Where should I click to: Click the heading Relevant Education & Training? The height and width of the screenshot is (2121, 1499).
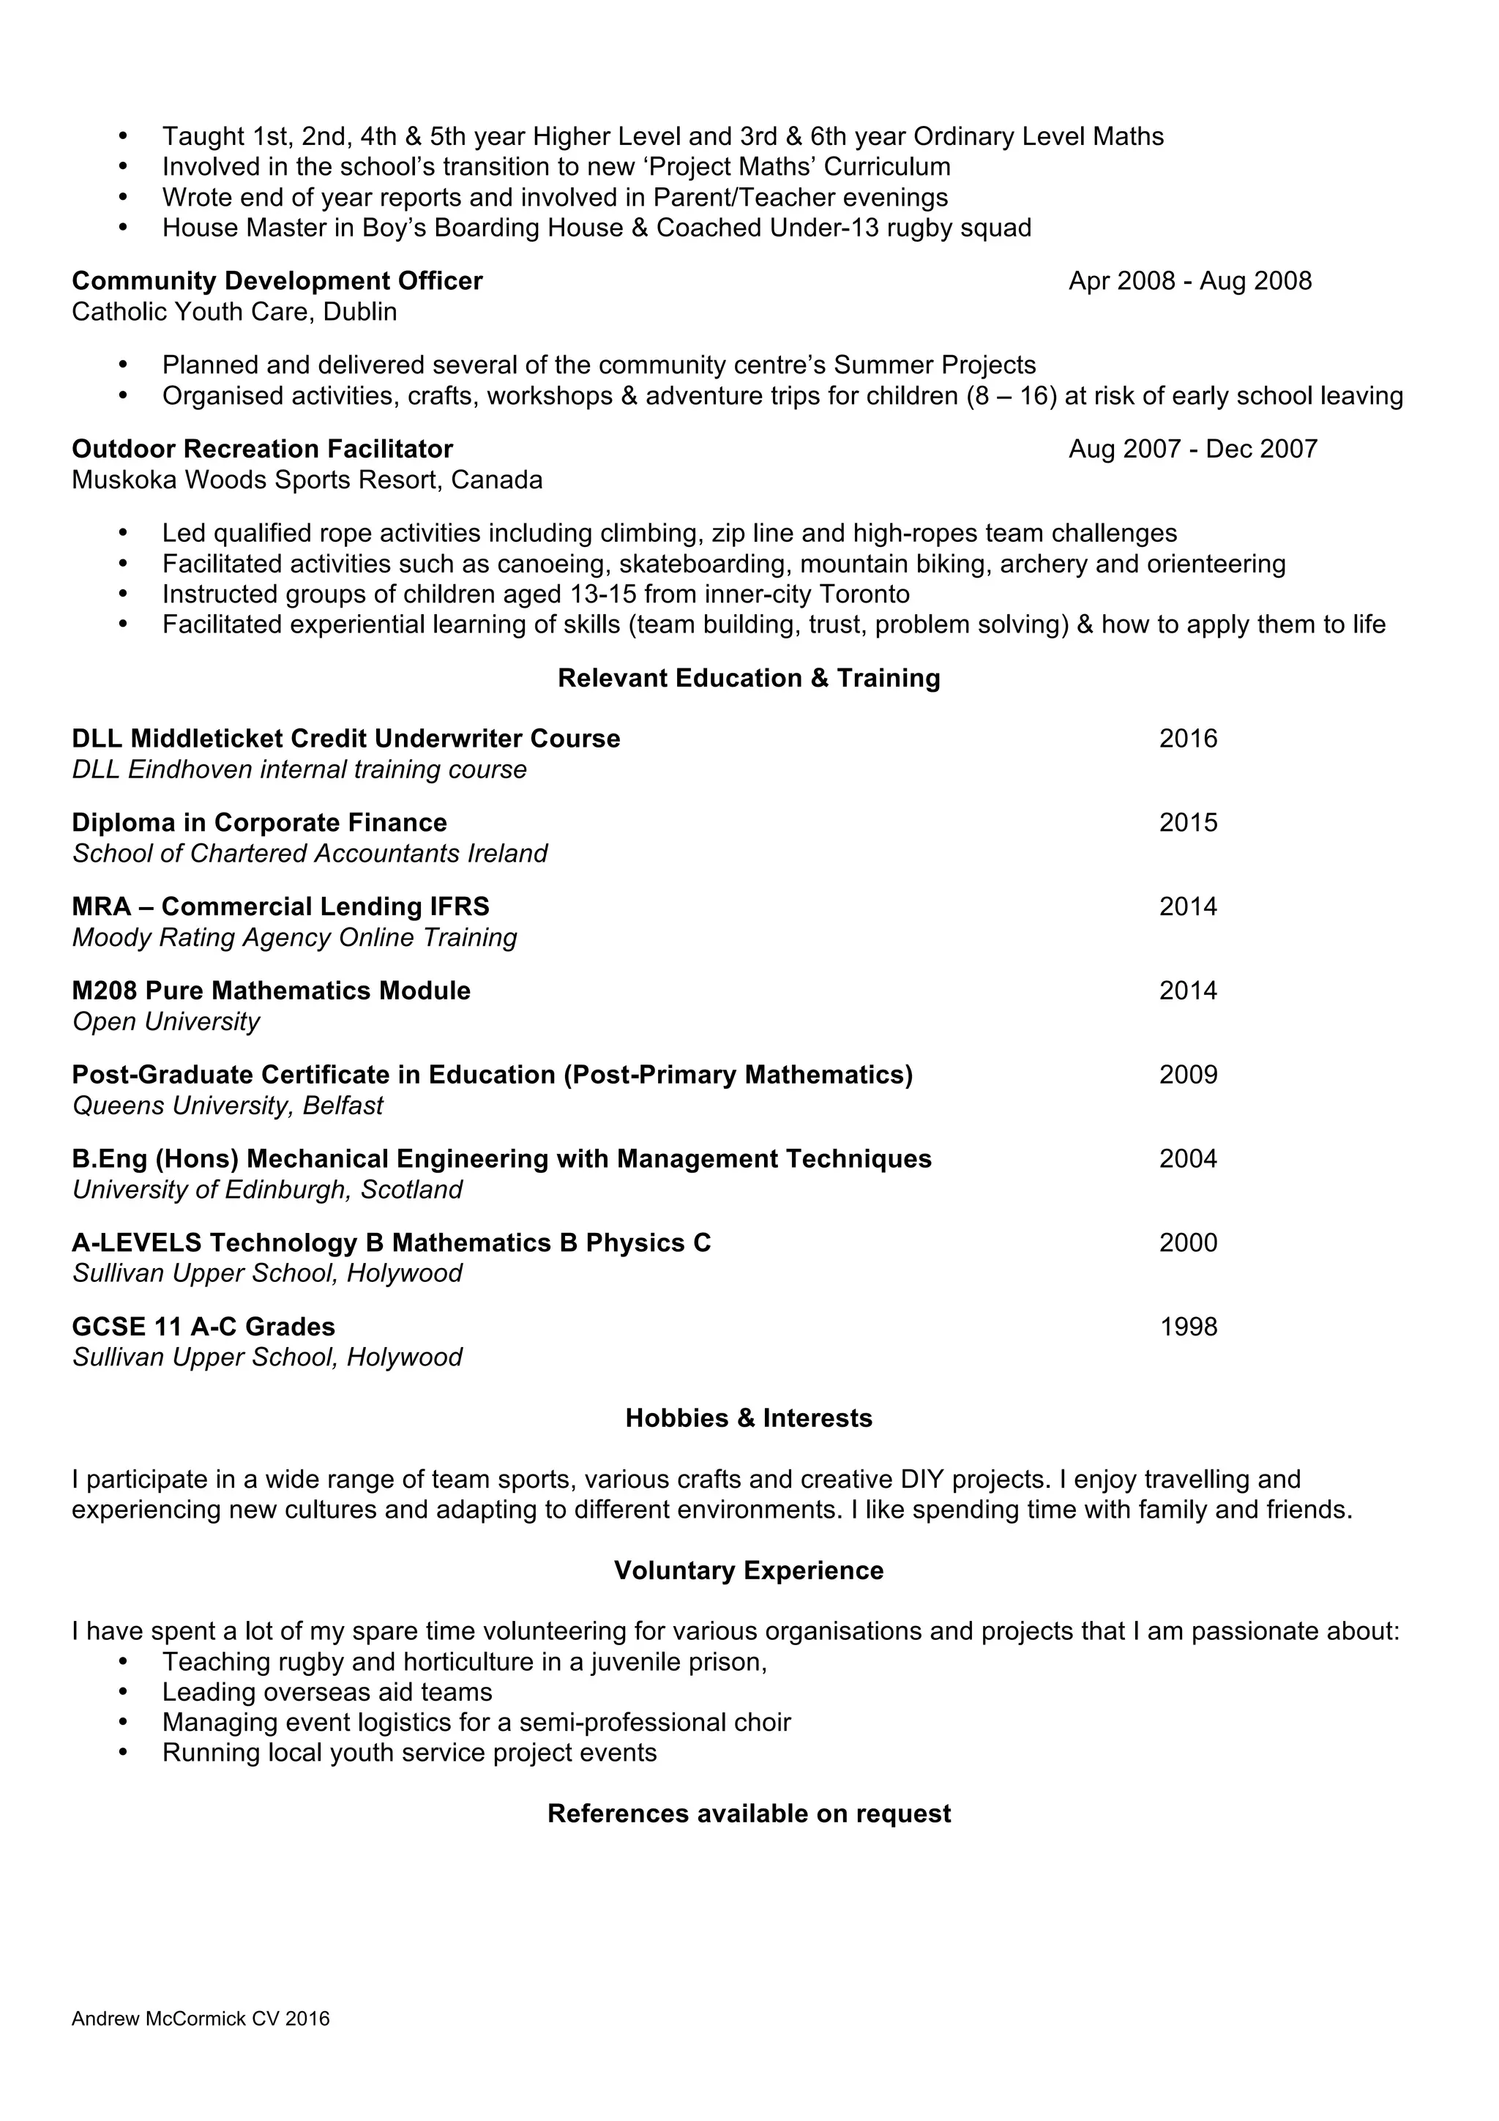[x=748, y=678]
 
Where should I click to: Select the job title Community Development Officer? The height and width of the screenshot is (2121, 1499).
[x=277, y=281]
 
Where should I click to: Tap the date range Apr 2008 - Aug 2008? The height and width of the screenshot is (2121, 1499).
[x=1189, y=281]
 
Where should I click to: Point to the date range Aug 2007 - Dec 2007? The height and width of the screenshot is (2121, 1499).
[x=1192, y=449]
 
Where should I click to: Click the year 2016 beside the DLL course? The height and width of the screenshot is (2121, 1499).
[x=1188, y=739]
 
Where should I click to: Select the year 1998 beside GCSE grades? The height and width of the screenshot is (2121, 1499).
[x=1188, y=1327]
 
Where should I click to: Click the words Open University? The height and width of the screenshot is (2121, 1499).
[x=166, y=1022]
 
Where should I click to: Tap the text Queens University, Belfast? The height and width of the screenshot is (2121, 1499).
[x=227, y=1106]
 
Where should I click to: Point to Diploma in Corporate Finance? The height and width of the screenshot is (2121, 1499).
[x=260, y=823]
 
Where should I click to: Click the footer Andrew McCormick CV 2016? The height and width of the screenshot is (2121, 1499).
[x=201, y=2044]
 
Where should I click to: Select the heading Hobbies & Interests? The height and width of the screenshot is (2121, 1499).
[x=748, y=1418]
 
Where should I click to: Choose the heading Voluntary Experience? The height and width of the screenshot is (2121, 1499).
[x=748, y=1570]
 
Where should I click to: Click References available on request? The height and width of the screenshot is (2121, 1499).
[x=748, y=1814]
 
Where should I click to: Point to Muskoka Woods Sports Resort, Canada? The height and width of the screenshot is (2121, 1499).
[x=307, y=480]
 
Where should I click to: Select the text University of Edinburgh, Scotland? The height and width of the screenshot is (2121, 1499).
[x=267, y=1190]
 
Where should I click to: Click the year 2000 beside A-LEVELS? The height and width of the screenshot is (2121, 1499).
[x=1188, y=1243]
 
